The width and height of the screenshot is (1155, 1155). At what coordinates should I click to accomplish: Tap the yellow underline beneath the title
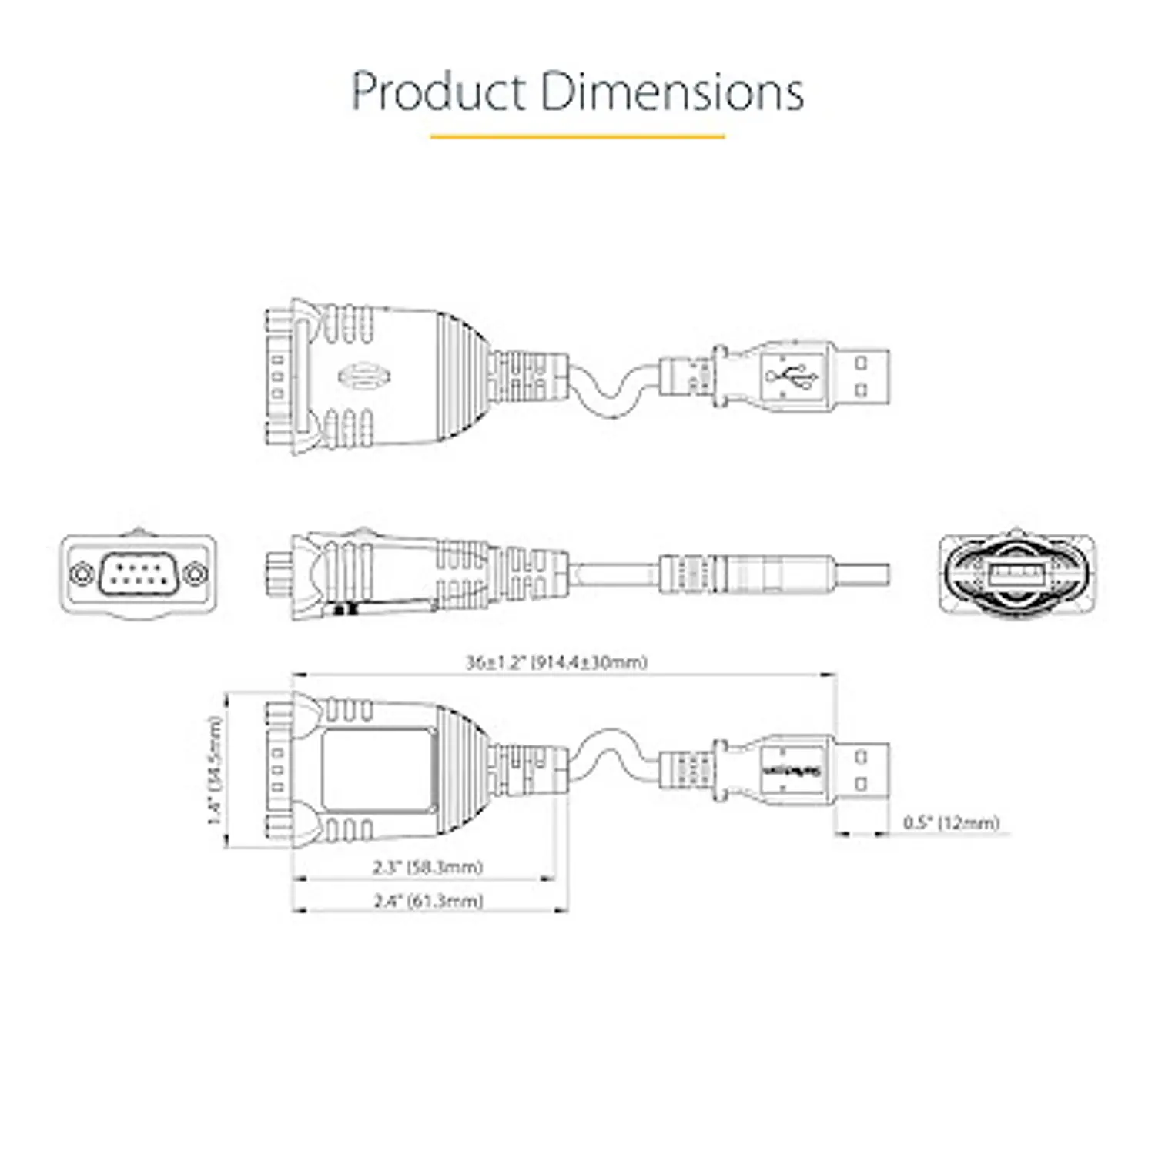coord(577,137)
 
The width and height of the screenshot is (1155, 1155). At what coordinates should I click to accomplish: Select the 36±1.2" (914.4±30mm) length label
coord(556,662)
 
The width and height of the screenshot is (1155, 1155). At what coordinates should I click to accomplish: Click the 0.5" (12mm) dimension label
coord(950,822)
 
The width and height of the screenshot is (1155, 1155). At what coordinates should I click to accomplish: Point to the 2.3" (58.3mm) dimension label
coord(428,867)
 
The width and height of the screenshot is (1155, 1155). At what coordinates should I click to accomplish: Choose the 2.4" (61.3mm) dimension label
coord(428,900)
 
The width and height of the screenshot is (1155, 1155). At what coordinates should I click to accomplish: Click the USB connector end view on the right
coord(1017,574)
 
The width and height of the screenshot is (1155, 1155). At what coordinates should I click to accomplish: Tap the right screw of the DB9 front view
coord(197,574)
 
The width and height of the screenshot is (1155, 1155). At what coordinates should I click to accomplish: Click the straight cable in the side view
coord(616,574)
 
